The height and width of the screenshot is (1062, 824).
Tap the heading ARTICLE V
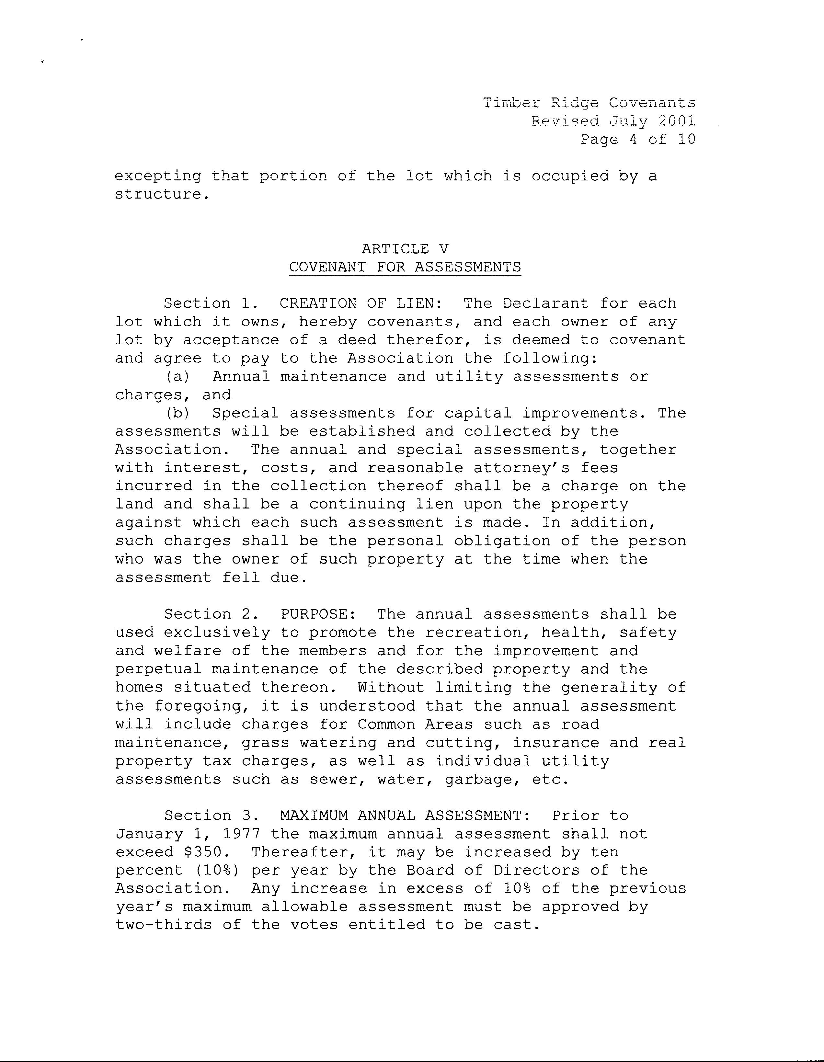coord(405,249)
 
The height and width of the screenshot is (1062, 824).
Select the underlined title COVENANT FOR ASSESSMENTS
coord(405,267)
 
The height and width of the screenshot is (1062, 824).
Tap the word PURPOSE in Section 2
coord(314,614)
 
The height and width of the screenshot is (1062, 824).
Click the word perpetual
coord(158,669)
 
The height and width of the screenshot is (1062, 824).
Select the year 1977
coord(241,834)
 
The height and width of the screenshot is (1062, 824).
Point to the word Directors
coord(536,870)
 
